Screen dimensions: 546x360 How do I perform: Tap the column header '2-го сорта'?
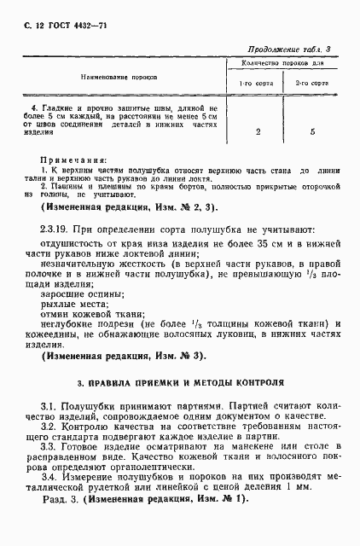coord(312,84)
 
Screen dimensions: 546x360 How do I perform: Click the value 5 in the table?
coord(313,132)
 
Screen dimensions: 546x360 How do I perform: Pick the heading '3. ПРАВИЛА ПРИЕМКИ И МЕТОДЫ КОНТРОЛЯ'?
coord(180,383)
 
